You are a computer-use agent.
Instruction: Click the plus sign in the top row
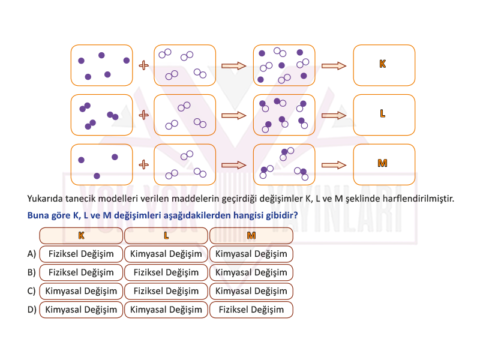(x=143, y=65)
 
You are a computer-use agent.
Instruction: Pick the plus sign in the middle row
(x=143, y=115)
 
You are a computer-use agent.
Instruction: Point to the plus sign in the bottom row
(x=143, y=164)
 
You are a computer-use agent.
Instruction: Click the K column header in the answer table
(x=81, y=235)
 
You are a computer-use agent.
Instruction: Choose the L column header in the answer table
(x=166, y=235)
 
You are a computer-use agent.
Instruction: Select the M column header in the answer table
(x=251, y=235)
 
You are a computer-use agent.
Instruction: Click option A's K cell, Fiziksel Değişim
(x=81, y=254)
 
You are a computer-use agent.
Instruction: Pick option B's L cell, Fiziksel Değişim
(x=166, y=272)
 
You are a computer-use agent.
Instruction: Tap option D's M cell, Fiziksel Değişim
(x=251, y=310)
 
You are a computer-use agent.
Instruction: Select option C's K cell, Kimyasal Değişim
(x=81, y=291)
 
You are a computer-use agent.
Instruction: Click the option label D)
(x=32, y=310)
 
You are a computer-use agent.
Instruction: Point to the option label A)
(x=32, y=254)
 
